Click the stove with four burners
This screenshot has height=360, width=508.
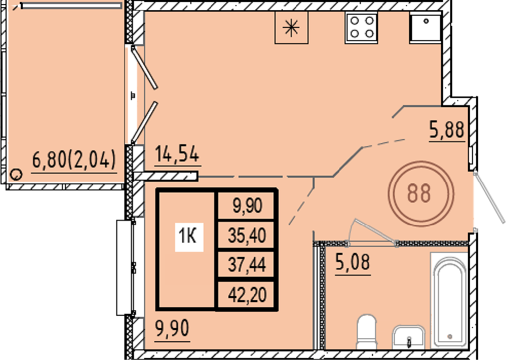tap(361, 27)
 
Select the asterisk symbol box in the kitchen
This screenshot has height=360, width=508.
tap(291, 27)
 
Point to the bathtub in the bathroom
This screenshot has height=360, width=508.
tap(450, 301)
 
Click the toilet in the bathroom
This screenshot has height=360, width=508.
tap(367, 331)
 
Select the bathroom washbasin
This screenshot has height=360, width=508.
tap(408, 337)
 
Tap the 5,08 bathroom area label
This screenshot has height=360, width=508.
tap(353, 263)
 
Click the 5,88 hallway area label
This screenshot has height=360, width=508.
tap(447, 130)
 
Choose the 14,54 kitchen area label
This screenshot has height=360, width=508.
tap(177, 155)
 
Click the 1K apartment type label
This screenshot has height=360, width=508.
tap(189, 236)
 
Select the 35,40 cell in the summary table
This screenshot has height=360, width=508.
tap(247, 235)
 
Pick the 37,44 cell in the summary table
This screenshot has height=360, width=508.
tap(247, 264)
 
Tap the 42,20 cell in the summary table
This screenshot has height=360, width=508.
tap(247, 294)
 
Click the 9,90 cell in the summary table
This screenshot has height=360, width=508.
tap(247, 205)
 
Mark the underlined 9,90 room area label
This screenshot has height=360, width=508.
tap(172, 329)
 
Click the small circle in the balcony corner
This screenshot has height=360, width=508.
tap(16, 174)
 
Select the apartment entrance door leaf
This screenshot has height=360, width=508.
tap(489, 197)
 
